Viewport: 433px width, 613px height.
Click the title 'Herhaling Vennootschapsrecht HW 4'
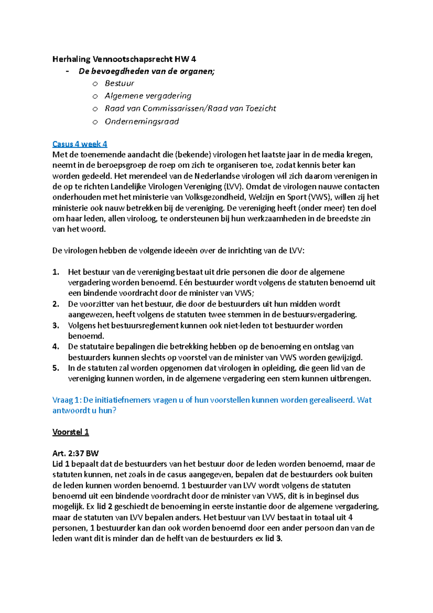click(x=124, y=59)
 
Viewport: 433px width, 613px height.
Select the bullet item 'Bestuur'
click(x=119, y=83)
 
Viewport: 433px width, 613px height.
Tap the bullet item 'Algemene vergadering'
click(x=148, y=96)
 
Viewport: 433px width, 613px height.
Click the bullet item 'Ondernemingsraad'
click(x=141, y=122)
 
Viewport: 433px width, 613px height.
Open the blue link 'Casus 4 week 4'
click(x=80, y=144)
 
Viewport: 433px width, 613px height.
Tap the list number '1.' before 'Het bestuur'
click(x=56, y=272)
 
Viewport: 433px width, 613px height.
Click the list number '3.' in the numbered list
click(x=56, y=326)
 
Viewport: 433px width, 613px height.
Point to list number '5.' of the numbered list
click(x=56, y=368)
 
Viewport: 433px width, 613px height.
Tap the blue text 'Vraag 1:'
click(x=67, y=400)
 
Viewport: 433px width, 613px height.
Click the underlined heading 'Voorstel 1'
click(x=70, y=432)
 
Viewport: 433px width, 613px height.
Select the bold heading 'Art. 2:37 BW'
click(x=75, y=453)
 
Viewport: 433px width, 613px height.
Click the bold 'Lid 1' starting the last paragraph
click(x=61, y=464)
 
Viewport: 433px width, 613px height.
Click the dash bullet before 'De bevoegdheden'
click(x=67, y=71)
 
